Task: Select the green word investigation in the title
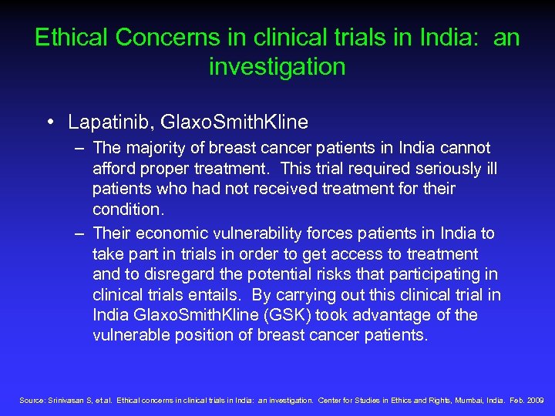(277, 67)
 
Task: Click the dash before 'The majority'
(81, 147)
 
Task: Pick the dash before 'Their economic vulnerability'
(81, 233)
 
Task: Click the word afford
(115, 168)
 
